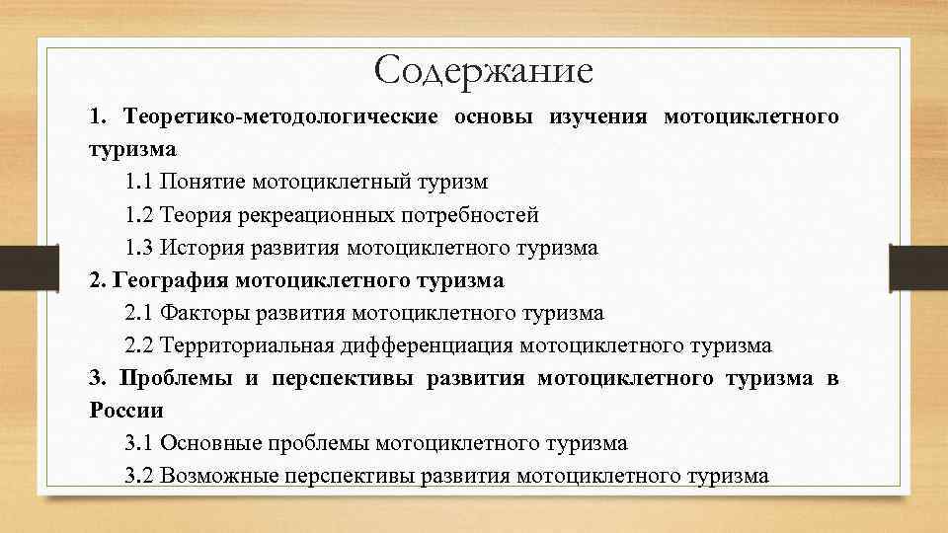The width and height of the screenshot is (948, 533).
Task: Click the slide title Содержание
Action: coord(484,70)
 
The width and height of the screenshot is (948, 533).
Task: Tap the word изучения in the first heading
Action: coord(598,117)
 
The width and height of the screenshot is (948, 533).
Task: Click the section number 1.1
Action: coord(140,183)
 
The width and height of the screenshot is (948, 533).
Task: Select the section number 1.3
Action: coord(140,248)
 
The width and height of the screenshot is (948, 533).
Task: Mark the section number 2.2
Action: coord(140,345)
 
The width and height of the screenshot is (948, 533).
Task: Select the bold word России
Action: coord(125,410)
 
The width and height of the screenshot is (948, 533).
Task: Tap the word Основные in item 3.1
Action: coord(213,443)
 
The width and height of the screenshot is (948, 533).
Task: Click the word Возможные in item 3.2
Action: coord(218,476)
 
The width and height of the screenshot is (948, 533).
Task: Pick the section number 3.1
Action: coord(140,443)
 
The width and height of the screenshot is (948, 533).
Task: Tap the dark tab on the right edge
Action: coord(918,266)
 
